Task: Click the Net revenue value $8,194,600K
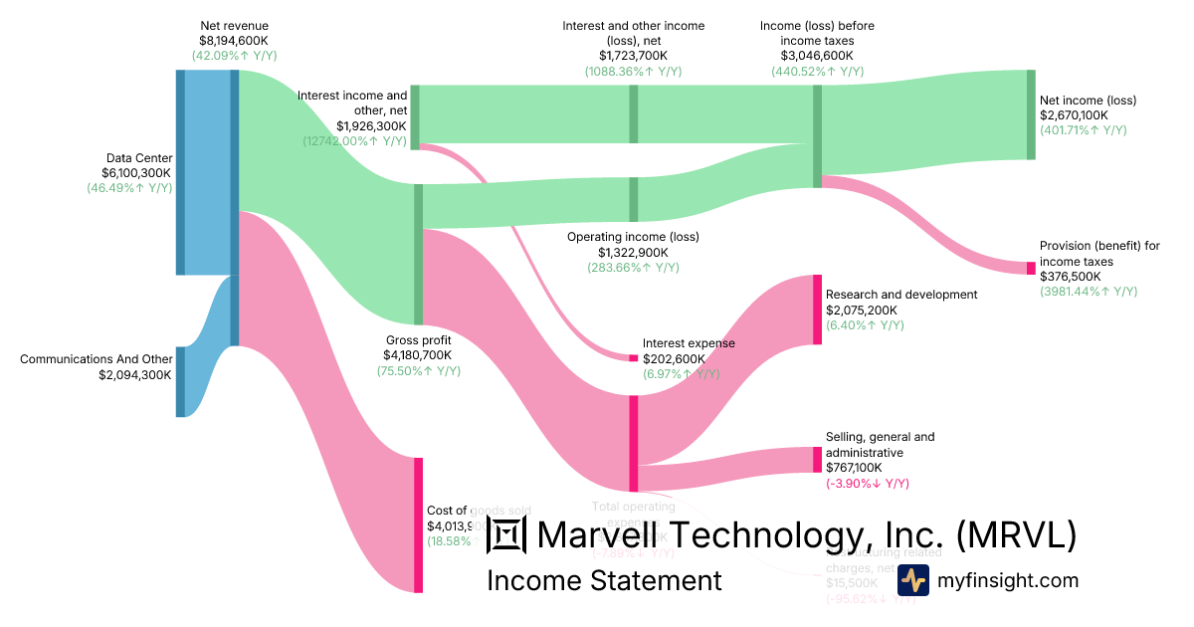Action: coord(234,41)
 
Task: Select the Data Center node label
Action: coord(139,157)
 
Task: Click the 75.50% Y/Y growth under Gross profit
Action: coord(418,371)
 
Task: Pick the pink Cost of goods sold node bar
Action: coord(419,524)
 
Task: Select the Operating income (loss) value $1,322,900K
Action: coord(633,253)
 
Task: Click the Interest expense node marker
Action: coord(633,358)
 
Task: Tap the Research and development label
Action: coord(901,295)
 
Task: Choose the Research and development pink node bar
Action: coord(817,310)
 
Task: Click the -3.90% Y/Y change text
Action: coord(868,484)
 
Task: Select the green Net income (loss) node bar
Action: coord(1031,114)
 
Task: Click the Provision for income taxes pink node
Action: coord(1031,268)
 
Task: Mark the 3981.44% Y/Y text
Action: coord(1089,292)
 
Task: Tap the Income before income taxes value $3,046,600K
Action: coord(817,56)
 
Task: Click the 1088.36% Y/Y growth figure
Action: coord(633,72)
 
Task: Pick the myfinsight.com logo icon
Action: coord(912,580)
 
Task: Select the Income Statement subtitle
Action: coord(604,580)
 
